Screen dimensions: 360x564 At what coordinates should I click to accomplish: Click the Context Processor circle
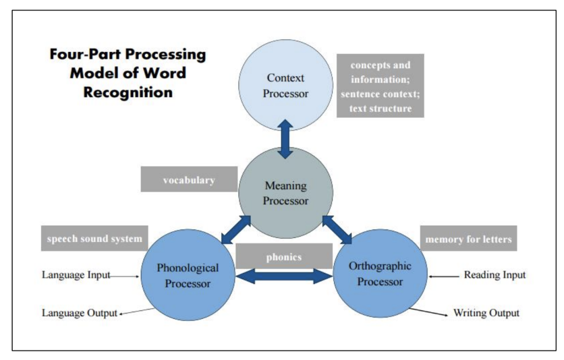click(x=285, y=86)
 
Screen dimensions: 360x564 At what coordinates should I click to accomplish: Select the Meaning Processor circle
click(x=285, y=193)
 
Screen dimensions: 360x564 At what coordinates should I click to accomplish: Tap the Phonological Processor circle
click(x=188, y=276)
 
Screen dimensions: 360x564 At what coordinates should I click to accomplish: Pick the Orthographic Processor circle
click(x=380, y=274)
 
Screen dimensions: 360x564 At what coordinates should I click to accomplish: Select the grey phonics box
click(x=284, y=256)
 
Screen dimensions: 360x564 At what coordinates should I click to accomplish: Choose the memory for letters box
click(x=469, y=238)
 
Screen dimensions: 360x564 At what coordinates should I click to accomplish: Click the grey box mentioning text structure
click(x=380, y=85)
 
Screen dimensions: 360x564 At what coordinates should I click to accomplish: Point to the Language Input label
click(x=76, y=275)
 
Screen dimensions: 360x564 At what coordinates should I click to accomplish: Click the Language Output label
click(x=79, y=313)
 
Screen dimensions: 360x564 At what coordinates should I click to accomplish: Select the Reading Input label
click(x=495, y=275)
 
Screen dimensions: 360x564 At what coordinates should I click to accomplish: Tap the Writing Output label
click(x=486, y=313)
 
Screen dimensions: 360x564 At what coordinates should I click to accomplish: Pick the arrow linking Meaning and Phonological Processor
click(x=235, y=230)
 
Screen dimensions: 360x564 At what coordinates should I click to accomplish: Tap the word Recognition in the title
click(x=128, y=92)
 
